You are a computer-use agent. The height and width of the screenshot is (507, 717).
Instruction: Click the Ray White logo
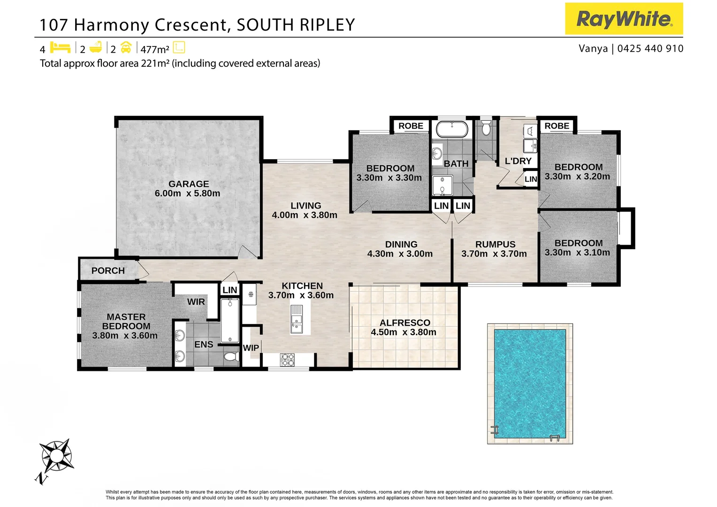pyautogui.click(x=624, y=19)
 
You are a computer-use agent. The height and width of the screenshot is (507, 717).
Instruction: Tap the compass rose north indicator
pyautogui.click(x=55, y=457)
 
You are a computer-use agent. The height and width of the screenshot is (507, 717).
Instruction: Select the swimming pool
pyautogui.click(x=530, y=384)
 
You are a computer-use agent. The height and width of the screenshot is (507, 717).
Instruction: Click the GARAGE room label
pyautogui.click(x=189, y=184)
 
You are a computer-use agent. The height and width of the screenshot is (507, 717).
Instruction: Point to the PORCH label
pyautogui.click(x=108, y=271)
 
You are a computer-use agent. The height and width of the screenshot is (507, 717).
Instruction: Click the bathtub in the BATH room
pyautogui.click(x=452, y=129)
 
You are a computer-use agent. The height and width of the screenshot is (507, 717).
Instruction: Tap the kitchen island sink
pyautogui.click(x=297, y=319)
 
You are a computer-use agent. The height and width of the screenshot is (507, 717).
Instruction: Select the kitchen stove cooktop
pyautogui.click(x=287, y=360)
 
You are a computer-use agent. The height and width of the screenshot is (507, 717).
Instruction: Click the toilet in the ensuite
pyautogui.click(x=230, y=357)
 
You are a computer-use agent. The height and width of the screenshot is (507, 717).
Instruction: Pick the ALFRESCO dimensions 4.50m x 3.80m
pyautogui.click(x=404, y=332)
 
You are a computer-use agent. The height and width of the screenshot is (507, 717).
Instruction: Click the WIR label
pyautogui.click(x=196, y=302)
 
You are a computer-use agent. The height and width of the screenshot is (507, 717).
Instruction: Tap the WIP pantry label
pyautogui.click(x=251, y=348)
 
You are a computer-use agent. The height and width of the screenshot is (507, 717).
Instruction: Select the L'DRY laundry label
pyautogui.click(x=518, y=161)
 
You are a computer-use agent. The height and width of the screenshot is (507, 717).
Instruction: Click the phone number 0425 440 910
pyautogui.click(x=650, y=48)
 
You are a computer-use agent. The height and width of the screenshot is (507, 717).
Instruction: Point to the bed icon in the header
pyautogui.click(x=60, y=48)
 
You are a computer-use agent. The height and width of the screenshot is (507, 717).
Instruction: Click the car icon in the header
pyautogui.click(x=126, y=48)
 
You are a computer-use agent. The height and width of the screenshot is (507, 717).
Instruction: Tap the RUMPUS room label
pyautogui.click(x=495, y=245)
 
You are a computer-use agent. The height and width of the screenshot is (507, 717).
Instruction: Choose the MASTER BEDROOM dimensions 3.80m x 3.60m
pyautogui.click(x=125, y=336)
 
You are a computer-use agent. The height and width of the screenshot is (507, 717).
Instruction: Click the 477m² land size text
pyautogui.click(x=154, y=49)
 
